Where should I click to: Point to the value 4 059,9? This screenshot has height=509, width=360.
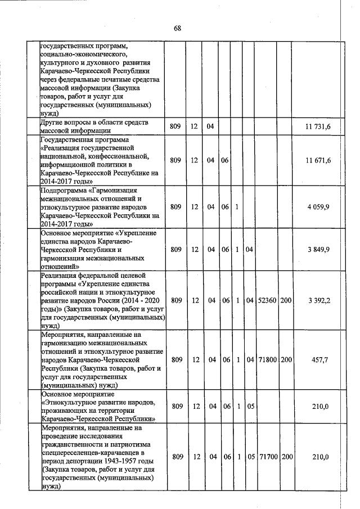click(318, 208)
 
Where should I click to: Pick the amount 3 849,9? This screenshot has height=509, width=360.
click(318, 250)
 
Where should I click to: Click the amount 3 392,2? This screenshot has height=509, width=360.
click(318, 300)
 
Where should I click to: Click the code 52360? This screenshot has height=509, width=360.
click(266, 300)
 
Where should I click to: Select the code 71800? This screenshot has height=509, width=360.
click(266, 359)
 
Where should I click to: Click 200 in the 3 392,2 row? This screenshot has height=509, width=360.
click(286, 300)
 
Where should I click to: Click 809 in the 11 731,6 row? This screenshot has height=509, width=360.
click(175, 127)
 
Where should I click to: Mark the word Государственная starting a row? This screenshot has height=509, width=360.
click(70, 139)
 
